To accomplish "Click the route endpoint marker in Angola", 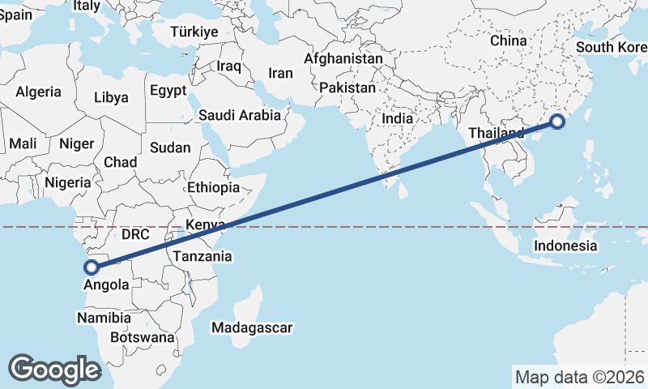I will coord(92,266).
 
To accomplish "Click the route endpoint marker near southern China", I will coord(557,122).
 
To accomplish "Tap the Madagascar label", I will coord(251,328).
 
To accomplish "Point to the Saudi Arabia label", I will coord(240,116).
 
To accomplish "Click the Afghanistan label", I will coord(343,59).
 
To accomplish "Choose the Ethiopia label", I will coord(213,187).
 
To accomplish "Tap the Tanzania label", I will coord(202,257).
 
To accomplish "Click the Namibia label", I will coord(104,318).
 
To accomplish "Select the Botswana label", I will coord(142,337).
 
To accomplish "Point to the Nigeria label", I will coord(68,183).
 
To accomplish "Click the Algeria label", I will coord(38,92).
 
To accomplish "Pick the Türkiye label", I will coord(194,32).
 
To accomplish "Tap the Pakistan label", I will coord(347,88).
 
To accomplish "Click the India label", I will coord(397,118).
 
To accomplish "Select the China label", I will coord(508,41).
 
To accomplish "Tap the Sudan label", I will coord(170,148).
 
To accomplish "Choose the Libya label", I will coord(111,98).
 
